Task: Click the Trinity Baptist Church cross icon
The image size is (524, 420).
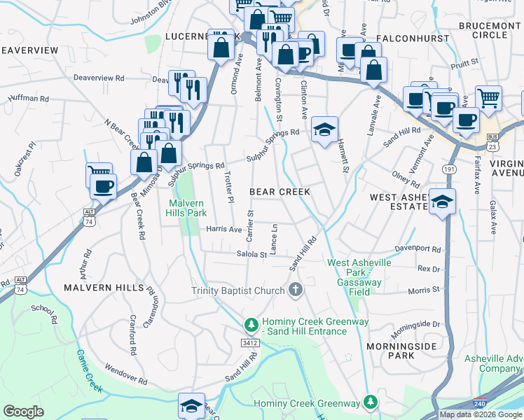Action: pos(296,290)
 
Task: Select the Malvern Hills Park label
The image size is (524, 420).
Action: pos(187,208)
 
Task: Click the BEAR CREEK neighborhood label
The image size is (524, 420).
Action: pos(280,191)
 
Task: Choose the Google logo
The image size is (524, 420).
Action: pos(23,412)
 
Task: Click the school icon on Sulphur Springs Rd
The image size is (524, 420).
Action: pos(324,129)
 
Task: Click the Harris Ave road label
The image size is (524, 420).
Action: pos(224,229)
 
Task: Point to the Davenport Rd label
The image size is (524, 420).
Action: pos(418,248)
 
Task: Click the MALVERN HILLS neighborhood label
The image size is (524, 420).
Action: pos(103,288)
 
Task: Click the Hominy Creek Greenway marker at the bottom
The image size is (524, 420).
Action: pos(371,402)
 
